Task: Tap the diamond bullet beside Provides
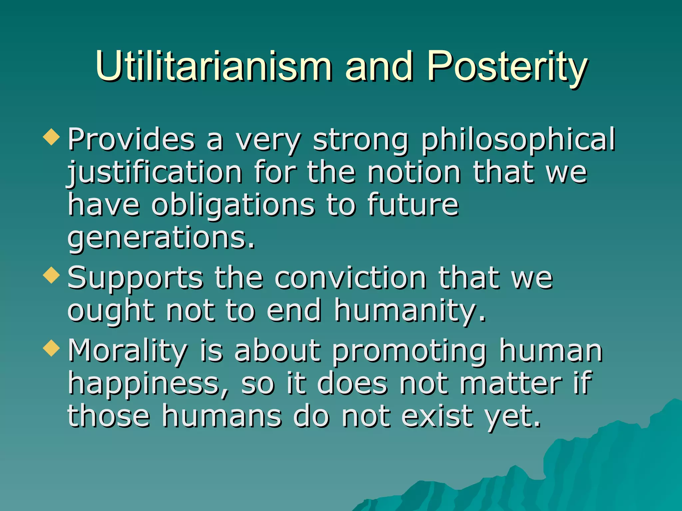tap(52, 137)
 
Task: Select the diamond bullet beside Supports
tap(52, 275)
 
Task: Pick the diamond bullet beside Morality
tap(52, 348)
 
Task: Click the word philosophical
tap(518, 140)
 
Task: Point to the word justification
tap(155, 173)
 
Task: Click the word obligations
tap(233, 205)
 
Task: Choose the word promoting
tap(410, 351)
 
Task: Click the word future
tap(413, 205)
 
